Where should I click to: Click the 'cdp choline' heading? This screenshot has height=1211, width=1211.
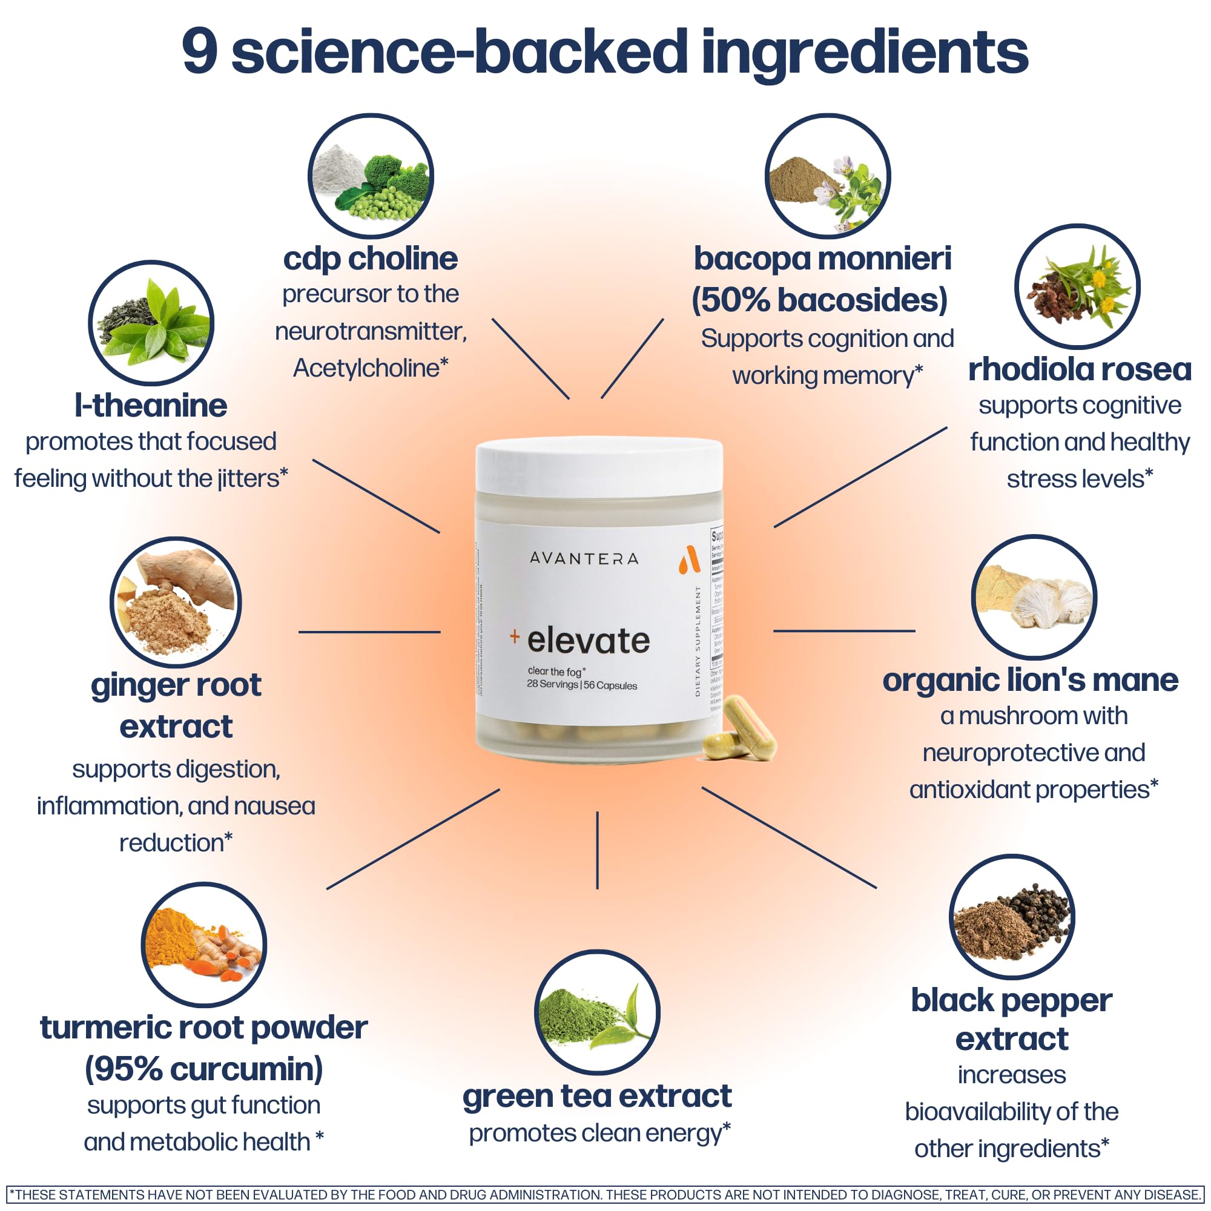point(370,259)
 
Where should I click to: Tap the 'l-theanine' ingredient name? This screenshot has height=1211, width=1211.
point(150,406)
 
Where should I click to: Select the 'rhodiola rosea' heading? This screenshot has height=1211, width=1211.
point(1080,369)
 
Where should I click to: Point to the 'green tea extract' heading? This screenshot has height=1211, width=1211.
point(597,1096)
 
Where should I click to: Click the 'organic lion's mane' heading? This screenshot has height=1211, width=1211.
point(1030,680)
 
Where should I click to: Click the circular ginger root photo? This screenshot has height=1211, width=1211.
point(176,602)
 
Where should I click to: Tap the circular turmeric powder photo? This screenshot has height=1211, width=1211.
point(203,944)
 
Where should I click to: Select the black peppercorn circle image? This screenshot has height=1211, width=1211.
point(1012,916)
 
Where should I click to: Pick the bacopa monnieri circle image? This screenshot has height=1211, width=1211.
point(827,176)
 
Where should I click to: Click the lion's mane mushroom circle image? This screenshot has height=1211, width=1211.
point(1034,597)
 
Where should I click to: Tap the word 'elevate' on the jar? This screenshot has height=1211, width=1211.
point(588,641)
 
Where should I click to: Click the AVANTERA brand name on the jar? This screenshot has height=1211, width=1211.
point(584,558)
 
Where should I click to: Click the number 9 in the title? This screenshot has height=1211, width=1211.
point(200,52)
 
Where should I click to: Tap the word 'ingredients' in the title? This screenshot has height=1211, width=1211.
point(865,53)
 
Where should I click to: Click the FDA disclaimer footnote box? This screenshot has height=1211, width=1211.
point(605,1195)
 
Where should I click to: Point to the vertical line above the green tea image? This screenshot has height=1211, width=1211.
point(598,850)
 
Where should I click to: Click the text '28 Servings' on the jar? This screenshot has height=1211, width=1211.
point(552,684)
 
